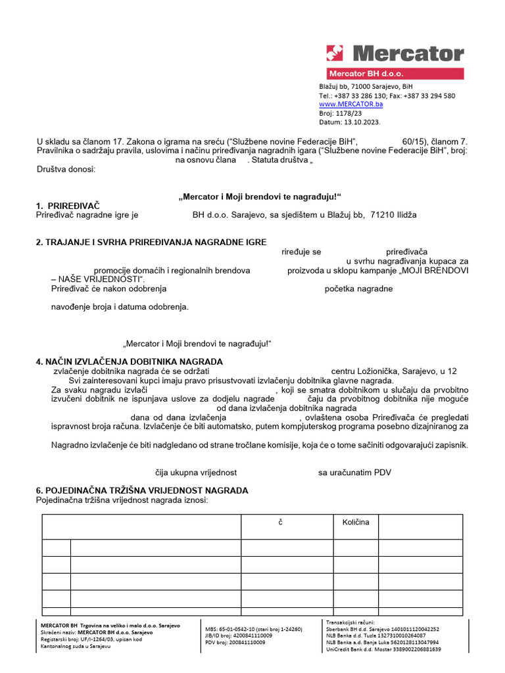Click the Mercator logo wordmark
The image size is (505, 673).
pyautogui.click(x=408, y=53)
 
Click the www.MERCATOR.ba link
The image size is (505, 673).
pyautogui.click(x=351, y=104)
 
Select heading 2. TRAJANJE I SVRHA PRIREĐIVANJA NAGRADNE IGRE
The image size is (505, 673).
pyautogui.click(x=142, y=243)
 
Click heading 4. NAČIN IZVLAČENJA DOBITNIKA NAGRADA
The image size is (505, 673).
pyautogui.click(x=130, y=361)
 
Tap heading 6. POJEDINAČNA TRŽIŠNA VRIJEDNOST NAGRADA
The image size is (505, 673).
pyautogui.click(x=142, y=491)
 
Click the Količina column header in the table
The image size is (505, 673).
pyautogui.click(x=356, y=522)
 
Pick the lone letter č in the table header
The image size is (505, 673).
pyautogui.click(x=280, y=522)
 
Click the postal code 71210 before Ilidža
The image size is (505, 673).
pyautogui.click(x=383, y=214)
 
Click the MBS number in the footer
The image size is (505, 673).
pyautogui.click(x=254, y=629)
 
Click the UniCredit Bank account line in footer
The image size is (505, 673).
pyautogui.click(x=383, y=649)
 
